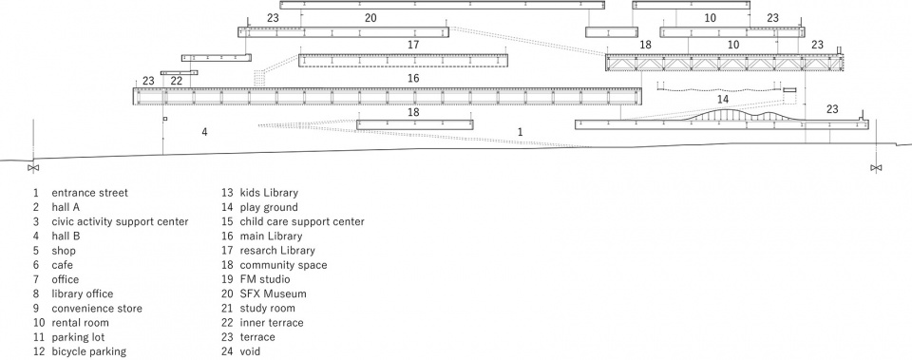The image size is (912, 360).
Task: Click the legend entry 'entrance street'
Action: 89,193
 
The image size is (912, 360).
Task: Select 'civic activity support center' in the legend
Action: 120,221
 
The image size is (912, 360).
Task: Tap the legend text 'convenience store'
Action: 97,309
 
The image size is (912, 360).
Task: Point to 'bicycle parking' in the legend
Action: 88,351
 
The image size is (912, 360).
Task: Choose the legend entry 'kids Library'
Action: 269,193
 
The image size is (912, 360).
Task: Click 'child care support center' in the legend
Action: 302,221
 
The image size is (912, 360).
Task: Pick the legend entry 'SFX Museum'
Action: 273,294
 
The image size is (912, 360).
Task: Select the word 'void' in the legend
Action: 250,351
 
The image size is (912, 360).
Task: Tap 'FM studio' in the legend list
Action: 265,279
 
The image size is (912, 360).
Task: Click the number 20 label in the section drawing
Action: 370,18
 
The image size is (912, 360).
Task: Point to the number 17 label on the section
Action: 413,45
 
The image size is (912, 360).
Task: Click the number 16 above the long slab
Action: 413,78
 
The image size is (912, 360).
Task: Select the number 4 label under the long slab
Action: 204,132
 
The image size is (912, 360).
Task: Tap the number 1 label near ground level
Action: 520,132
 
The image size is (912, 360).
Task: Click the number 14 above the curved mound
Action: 722,99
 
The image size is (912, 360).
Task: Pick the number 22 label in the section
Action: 177,81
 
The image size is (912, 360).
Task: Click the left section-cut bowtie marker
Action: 33,168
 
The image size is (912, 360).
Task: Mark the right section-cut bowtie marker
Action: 876,168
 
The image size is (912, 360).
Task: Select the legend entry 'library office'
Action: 82,294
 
